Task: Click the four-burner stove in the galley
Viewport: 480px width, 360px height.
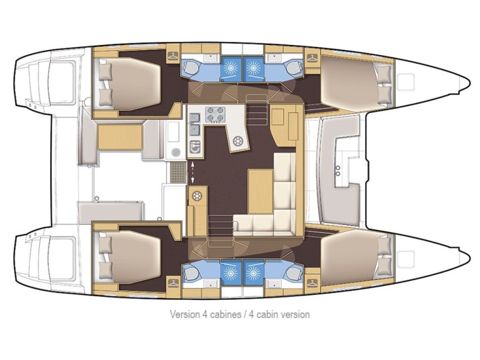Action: pos(215,116)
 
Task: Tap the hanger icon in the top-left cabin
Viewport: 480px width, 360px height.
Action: pos(172,56)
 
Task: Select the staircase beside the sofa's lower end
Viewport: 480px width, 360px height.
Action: pos(219,223)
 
